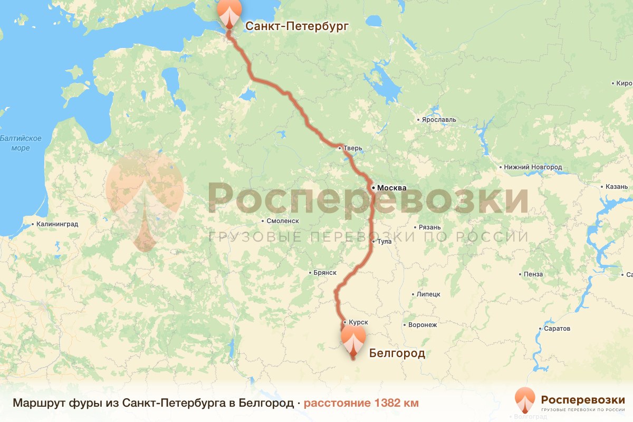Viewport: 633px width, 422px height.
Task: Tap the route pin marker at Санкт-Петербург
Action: tap(229, 13)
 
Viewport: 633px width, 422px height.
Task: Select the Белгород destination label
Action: tap(397, 353)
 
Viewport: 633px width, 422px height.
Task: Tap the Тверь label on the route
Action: tap(353, 148)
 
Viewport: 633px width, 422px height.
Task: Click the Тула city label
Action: tap(385, 242)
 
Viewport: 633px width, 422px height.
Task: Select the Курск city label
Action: tap(358, 322)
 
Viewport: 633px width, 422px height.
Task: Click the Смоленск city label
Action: tap(283, 221)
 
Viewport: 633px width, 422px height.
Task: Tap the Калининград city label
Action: tap(57, 224)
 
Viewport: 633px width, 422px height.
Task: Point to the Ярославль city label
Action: tap(439, 120)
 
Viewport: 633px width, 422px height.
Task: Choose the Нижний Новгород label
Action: tap(533, 167)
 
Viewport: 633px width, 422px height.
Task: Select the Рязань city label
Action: tap(429, 227)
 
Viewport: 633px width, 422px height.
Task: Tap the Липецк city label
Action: tap(428, 294)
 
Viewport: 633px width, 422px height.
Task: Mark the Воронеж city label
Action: tap(423, 325)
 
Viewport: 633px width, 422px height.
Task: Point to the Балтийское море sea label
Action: tap(21, 143)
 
